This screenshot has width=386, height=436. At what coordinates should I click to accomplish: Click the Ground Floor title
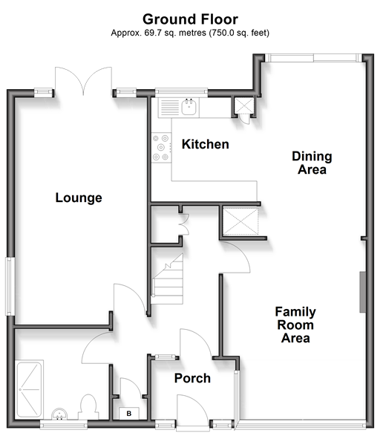coord(190,19)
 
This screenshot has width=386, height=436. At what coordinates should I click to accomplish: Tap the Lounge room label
coord(79,198)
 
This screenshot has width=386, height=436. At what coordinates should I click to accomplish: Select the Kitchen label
coord(206,144)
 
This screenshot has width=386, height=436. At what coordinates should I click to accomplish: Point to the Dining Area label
coord(312,163)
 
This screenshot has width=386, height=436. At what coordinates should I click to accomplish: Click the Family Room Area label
coord(295,325)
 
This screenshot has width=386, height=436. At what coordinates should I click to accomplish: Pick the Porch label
coord(192,378)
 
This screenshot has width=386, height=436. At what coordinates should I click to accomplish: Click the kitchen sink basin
coord(189,107)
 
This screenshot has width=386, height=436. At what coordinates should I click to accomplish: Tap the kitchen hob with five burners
coord(161,147)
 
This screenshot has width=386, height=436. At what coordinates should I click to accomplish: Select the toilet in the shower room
coord(88,407)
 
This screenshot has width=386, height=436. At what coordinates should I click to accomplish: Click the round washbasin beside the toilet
coord(59,414)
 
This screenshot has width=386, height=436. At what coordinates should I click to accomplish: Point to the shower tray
coord(29,389)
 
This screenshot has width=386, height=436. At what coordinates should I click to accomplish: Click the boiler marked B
coord(129,414)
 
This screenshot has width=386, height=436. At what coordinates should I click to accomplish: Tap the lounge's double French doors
coord(83,81)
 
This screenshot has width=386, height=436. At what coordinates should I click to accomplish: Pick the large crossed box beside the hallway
coord(241,221)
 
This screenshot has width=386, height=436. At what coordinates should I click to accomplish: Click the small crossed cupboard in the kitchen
coord(244,105)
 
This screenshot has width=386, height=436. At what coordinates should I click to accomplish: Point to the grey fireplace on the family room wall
coord(362,292)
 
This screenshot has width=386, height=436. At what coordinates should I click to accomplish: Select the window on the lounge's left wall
coord(10,287)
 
